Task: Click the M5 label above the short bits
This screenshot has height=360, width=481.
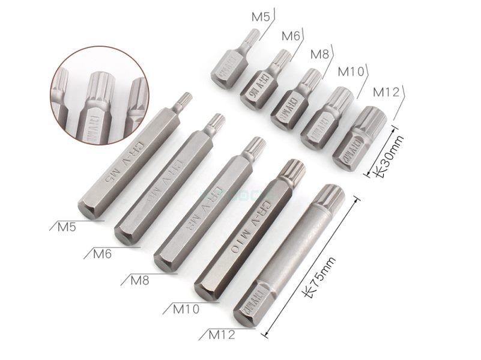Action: pyautogui.click(x=260, y=16)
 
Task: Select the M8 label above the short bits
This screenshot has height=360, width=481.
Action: pyautogui.click(x=319, y=54)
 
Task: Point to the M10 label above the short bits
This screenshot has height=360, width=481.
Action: pyautogui.click(x=351, y=72)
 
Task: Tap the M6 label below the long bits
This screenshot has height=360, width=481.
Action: pyautogui.click(x=103, y=253)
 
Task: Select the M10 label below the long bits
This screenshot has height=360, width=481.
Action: pyautogui.click(x=185, y=309)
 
